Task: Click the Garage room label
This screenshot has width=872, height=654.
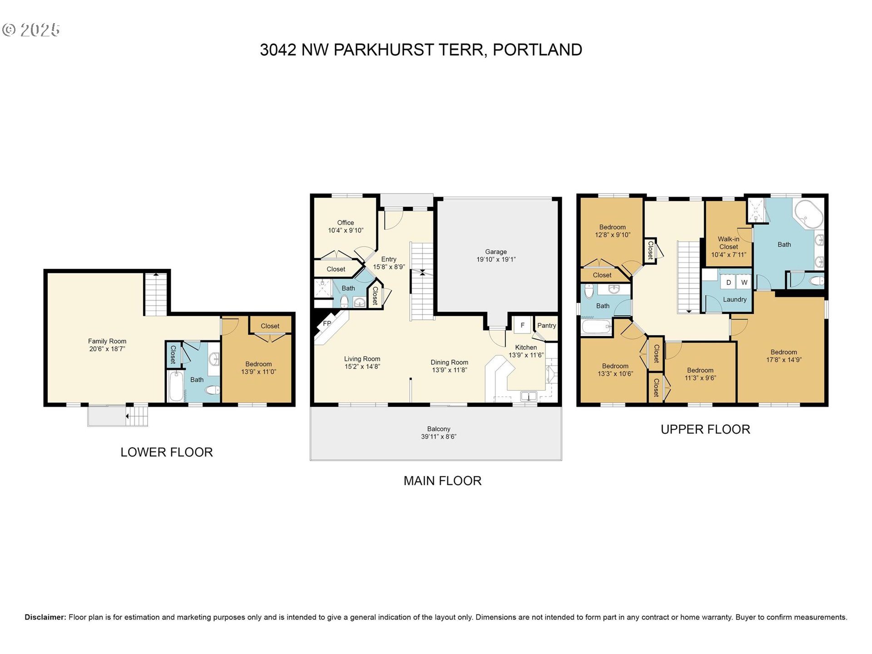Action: (495, 252)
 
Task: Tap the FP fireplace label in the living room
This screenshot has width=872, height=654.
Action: (327, 324)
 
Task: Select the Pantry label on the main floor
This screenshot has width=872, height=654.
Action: (546, 326)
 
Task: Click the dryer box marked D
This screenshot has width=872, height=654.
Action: (728, 282)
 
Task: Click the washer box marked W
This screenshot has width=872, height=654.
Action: (744, 282)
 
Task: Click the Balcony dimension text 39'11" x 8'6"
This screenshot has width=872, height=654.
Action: (438, 437)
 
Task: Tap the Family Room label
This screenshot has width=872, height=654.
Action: (107, 341)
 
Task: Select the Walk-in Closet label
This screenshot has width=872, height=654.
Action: (728, 243)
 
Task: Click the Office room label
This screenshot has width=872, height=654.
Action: (345, 223)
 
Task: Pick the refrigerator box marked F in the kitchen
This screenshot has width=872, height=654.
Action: (522, 325)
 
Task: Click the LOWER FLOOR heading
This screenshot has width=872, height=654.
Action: (166, 452)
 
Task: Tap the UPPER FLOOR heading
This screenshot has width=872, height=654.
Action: (705, 430)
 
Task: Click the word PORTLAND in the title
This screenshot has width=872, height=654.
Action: (537, 50)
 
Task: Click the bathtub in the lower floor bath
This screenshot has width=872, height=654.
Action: (175, 386)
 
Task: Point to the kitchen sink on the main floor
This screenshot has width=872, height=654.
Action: (528, 396)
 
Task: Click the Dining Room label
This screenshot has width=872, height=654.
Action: (449, 362)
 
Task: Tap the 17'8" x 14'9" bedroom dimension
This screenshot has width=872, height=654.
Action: (783, 360)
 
